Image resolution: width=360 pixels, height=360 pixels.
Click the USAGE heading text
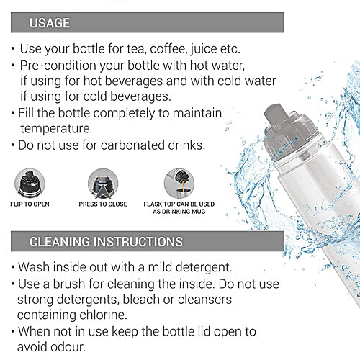tap(50, 23)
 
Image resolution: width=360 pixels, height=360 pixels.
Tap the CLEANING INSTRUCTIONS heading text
tap(106, 241)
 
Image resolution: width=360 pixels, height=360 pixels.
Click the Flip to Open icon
tap(30, 183)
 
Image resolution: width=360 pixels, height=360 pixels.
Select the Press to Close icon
tap(103, 184)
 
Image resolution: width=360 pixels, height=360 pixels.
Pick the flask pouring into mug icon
tap(179, 184)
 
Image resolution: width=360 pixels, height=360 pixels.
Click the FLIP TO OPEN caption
tap(30, 204)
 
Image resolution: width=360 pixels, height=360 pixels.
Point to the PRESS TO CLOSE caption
tap(103, 204)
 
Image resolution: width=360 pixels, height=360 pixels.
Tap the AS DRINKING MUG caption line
tap(179, 212)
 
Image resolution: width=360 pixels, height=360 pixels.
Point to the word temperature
tap(56, 129)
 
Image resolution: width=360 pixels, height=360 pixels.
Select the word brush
tap(69, 284)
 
